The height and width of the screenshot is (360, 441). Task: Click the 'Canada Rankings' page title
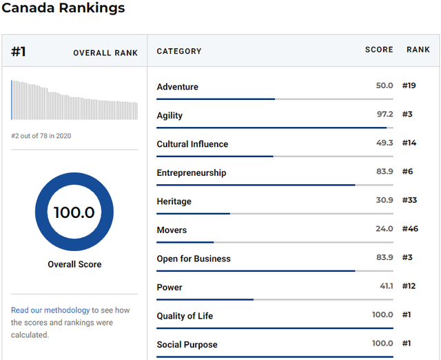pyautogui.click(x=63, y=8)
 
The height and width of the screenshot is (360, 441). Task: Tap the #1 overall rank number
pyautogui.click(x=19, y=52)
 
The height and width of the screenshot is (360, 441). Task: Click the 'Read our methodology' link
pyautogui.click(x=50, y=310)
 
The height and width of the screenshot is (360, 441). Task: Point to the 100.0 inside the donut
pyautogui.click(x=74, y=212)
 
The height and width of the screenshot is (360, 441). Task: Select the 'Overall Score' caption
pyautogui.click(x=74, y=264)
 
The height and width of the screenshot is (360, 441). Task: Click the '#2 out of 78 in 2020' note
pyautogui.click(x=41, y=136)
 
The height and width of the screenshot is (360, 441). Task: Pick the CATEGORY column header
pyautogui.click(x=179, y=51)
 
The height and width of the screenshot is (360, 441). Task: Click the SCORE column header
pyautogui.click(x=379, y=50)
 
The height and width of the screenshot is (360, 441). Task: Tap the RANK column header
pyautogui.click(x=418, y=50)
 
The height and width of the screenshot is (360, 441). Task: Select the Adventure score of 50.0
pyautogui.click(x=384, y=86)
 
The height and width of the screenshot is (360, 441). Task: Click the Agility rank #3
pyautogui.click(x=407, y=114)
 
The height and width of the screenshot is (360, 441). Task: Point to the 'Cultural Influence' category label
pyautogui.click(x=192, y=144)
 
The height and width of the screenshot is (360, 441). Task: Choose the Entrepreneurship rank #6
pyautogui.click(x=407, y=172)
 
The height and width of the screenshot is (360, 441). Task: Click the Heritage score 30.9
pyautogui.click(x=384, y=200)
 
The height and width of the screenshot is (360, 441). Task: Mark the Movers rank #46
pyautogui.click(x=410, y=228)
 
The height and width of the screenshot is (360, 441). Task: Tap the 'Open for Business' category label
pyautogui.click(x=194, y=259)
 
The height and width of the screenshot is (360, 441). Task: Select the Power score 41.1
pyautogui.click(x=387, y=286)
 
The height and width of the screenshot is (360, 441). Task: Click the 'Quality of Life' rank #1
pyautogui.click(x=407, y=314)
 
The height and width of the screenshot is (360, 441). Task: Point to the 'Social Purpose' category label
pyautogui.click(x=187, y=345)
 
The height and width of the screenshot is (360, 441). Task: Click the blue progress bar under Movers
pyautogui.click(x=185, y=242)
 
